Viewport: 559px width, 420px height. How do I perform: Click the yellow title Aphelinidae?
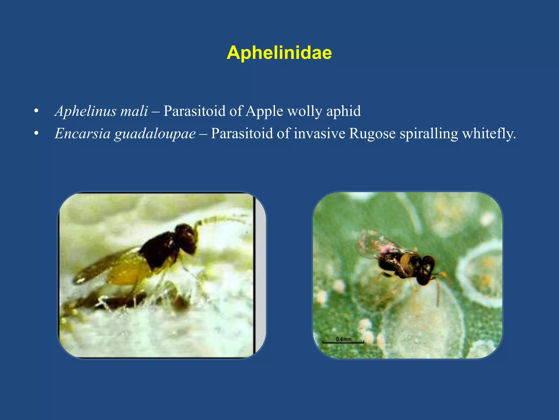point(279,52)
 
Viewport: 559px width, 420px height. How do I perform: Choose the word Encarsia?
point(82,134)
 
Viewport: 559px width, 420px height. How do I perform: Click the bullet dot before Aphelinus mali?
point(36,111)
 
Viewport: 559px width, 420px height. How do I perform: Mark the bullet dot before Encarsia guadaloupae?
point(36,134)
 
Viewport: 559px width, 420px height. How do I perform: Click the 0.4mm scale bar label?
point(343,339)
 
